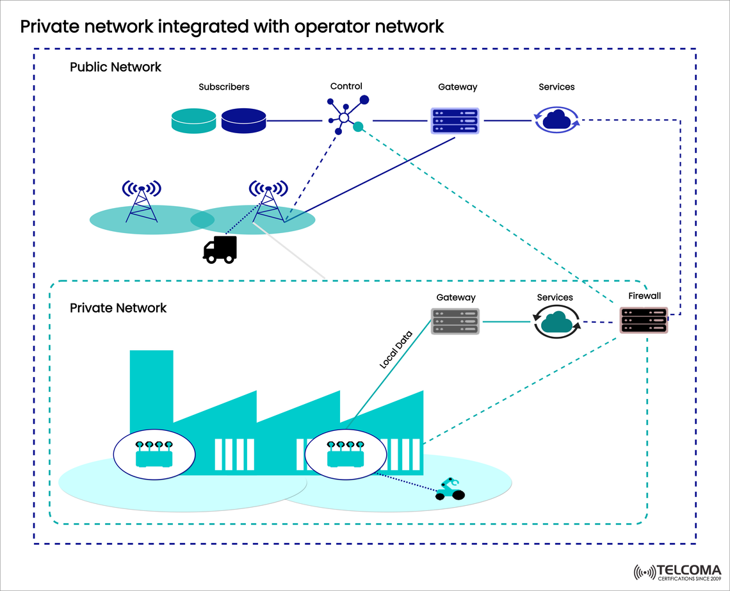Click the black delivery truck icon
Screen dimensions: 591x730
click(220, 249)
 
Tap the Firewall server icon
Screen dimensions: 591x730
click(644, 320)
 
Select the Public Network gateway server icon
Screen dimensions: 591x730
click(455, 120)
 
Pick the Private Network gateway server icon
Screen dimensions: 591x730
click(455, 321)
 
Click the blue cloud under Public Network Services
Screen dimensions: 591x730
click(556, 119)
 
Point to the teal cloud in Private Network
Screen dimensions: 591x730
click(556, 321)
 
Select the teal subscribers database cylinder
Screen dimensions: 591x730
click(194, 120)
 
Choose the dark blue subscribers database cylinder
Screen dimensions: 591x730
click(243, 120)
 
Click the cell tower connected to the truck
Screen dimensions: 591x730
click(268, 201)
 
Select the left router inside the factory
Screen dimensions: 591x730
click(154, 455)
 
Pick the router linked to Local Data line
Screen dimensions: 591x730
click(345, 455)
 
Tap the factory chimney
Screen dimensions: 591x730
click(151, 384)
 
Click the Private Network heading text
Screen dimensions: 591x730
click(118, 308)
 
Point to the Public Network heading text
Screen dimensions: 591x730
click(115, 67)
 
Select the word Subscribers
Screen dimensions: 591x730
click(223, 86)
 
